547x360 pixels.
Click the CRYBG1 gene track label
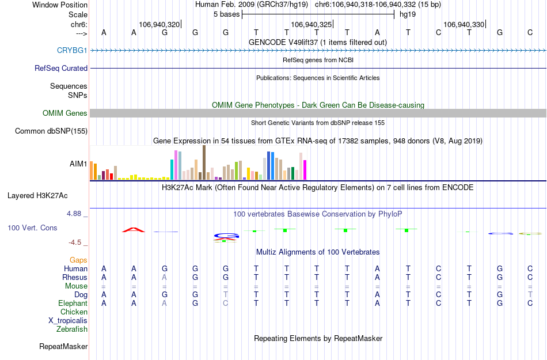(72, 50)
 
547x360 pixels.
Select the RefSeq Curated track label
(61, 68)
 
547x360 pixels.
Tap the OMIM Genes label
(65, 113)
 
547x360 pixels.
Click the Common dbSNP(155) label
(51, 131)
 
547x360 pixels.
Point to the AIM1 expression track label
(78, 164)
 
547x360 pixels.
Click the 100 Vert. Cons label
(32, 228)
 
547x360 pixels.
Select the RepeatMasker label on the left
(63, 346)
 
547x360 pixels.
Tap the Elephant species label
(73, 303)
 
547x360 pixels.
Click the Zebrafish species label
(72, 329)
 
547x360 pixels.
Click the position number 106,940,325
(312, 24)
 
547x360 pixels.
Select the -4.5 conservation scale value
(77, 242)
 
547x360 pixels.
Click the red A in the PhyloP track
(134, 230)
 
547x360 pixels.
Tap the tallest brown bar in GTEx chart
(204, 162)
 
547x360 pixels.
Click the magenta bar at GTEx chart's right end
(305, 170)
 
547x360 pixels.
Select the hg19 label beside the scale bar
(408, 14)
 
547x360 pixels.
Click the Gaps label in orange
(78, 260)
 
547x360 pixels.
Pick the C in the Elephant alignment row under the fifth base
(225, 303)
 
